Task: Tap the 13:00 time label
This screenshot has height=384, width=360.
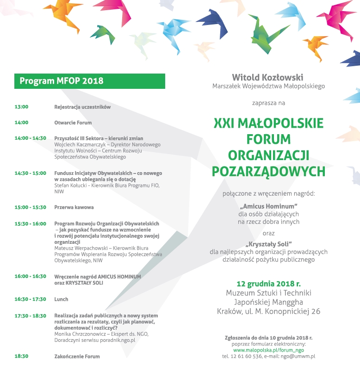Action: (x=22, y=107)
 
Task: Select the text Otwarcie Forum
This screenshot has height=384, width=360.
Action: (x=73, y=123)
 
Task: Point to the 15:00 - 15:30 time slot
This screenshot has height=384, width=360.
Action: (x=31, y=207)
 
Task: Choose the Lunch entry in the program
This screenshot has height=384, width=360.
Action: (x=61, y=299)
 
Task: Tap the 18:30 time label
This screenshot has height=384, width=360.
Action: (x=22, y=356)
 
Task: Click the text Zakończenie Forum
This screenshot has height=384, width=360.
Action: (x=77, y=356)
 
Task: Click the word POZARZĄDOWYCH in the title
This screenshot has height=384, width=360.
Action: (x=268, y=172)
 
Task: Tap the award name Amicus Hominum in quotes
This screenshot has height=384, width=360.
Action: (x=268, y=205)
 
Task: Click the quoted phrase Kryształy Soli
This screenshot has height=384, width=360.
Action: (x=268, y=244)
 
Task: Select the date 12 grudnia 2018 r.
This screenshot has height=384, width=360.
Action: (x=268, y=284)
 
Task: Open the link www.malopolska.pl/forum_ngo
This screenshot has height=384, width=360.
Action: (x=268, y=350)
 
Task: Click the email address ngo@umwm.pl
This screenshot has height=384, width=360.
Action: (x=299, y=356)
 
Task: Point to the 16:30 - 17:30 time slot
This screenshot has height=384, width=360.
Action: (x=31, y=299)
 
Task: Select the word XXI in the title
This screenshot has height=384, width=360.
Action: (x=225, y=124)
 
